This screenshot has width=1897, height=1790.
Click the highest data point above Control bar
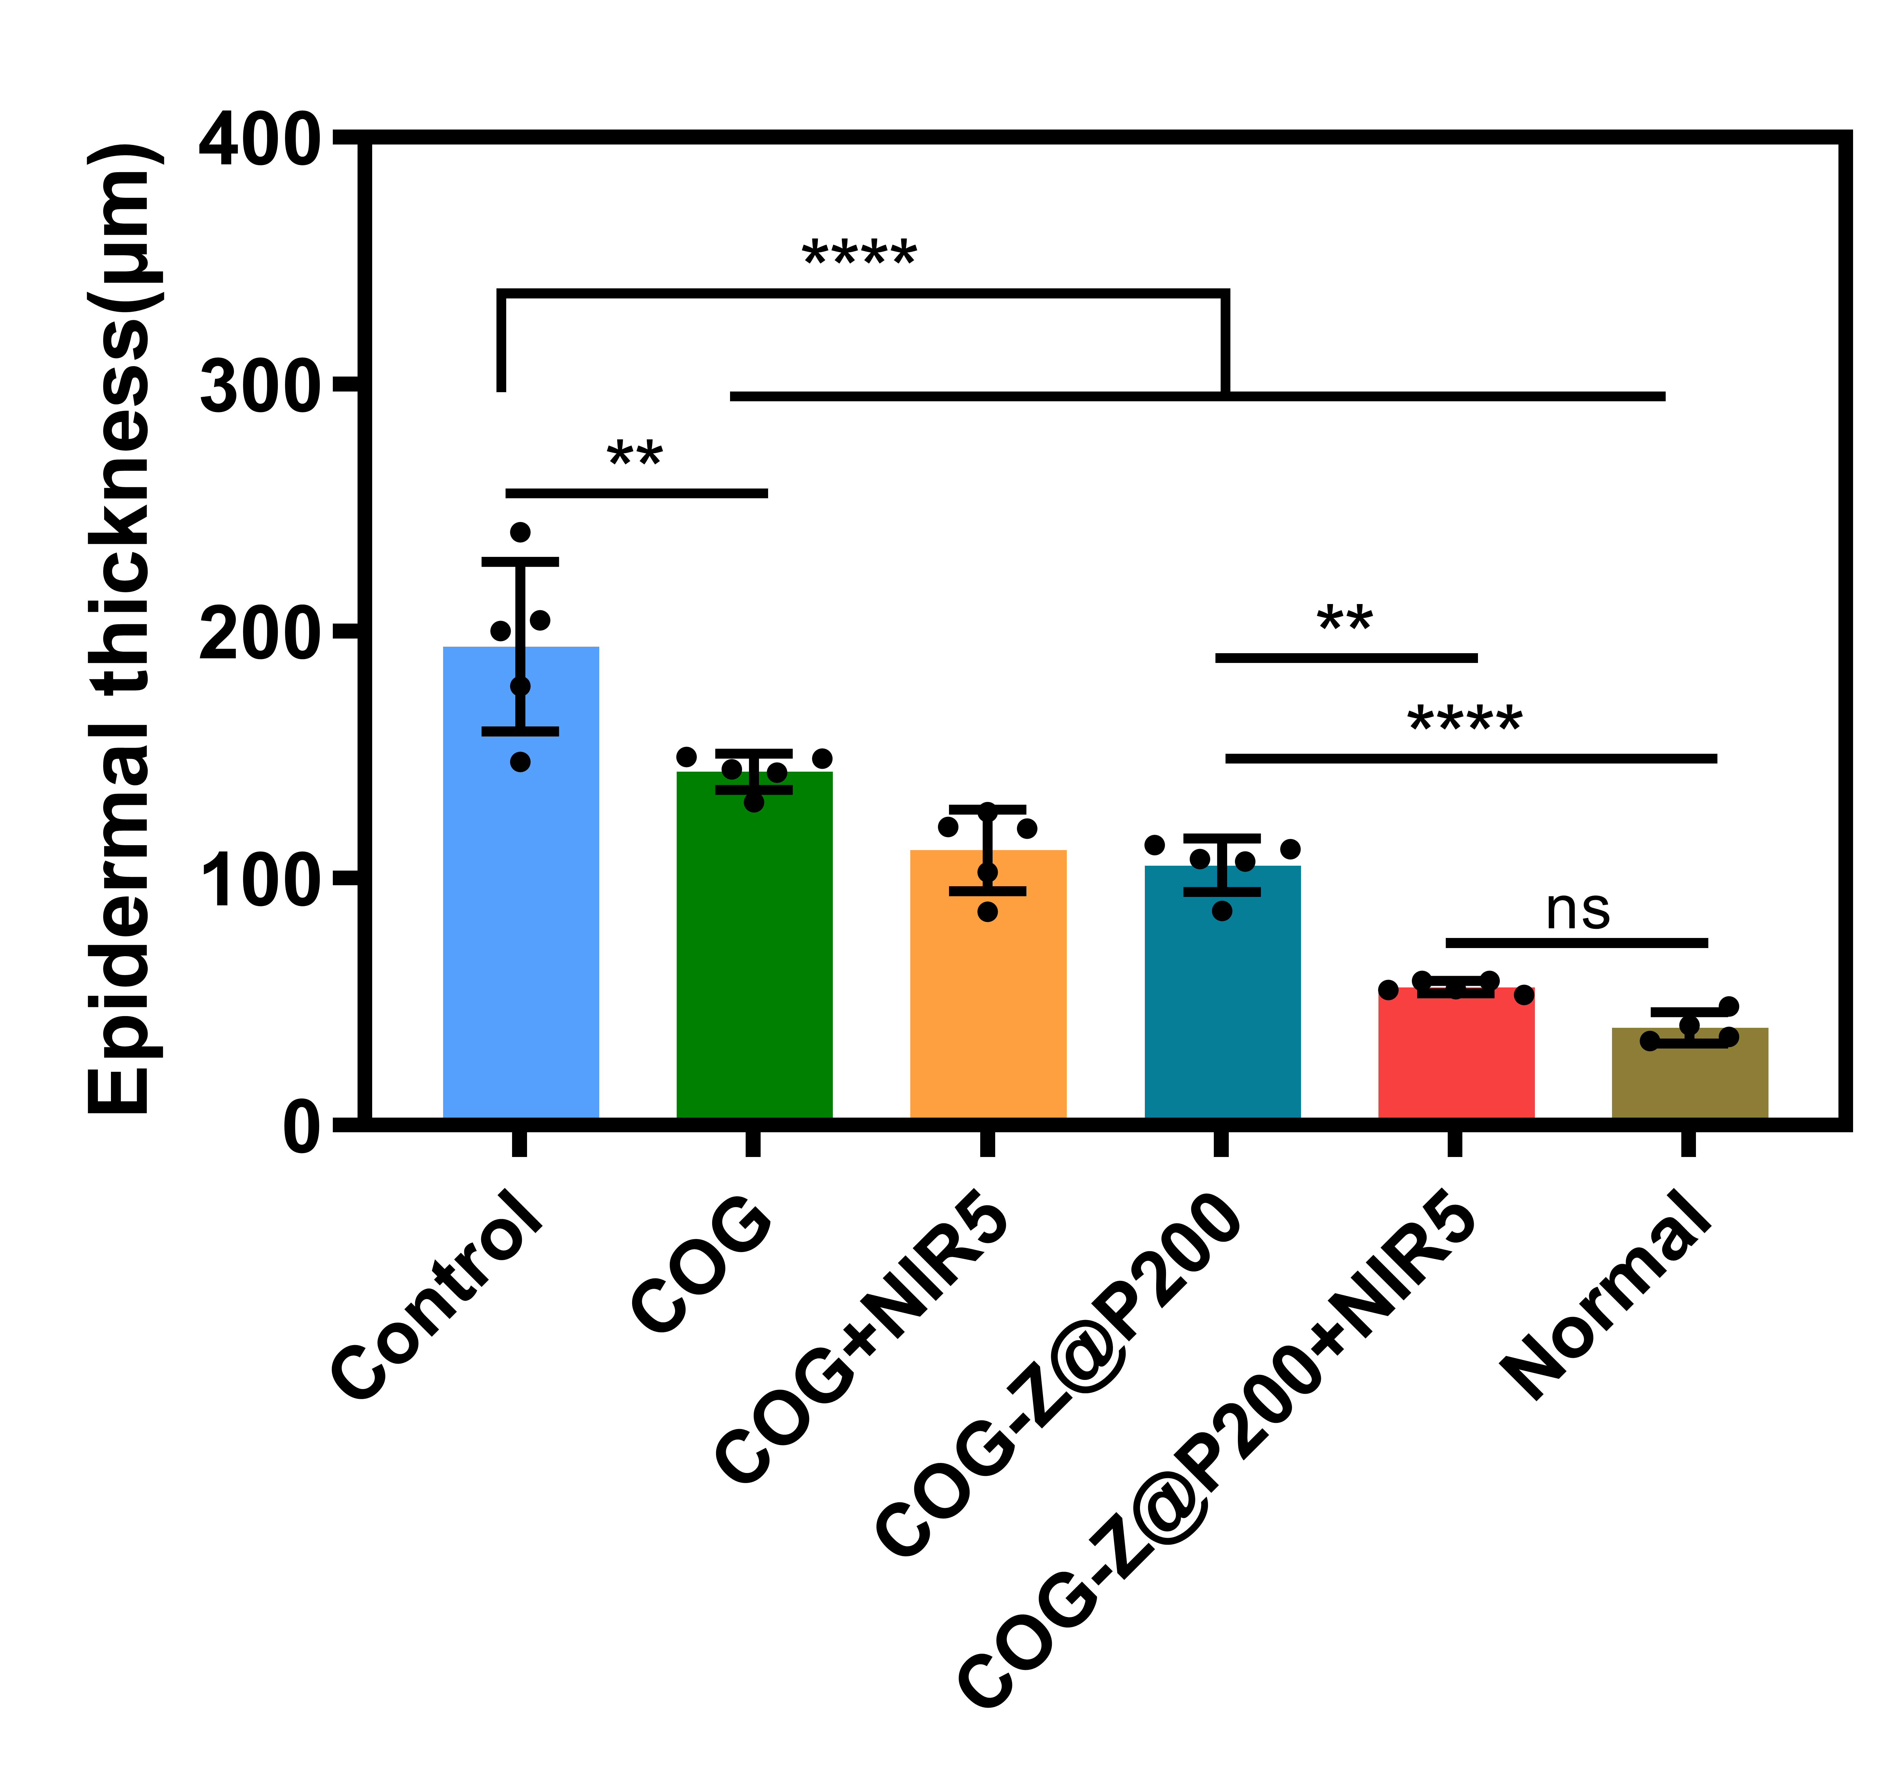520,532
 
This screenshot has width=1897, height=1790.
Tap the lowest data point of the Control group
520,762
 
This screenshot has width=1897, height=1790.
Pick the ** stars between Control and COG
635,455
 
